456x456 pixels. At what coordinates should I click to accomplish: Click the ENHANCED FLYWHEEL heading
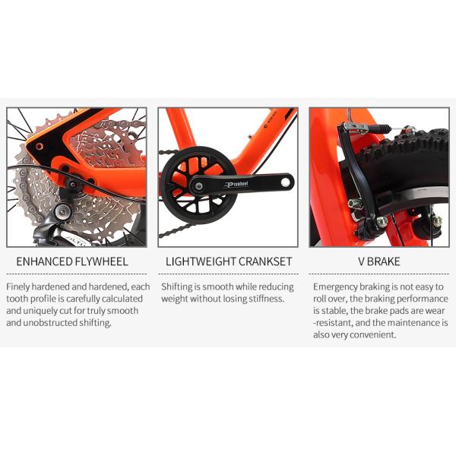coord(72,261)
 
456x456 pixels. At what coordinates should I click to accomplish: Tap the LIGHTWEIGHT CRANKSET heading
coord(229,261)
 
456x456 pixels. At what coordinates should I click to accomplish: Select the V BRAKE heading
coord(379,261)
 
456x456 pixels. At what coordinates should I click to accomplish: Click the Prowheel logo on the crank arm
coord(236,185)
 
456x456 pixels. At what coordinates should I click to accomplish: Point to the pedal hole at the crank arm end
coord(285,182)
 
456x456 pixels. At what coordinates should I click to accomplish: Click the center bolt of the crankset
coord(199,186)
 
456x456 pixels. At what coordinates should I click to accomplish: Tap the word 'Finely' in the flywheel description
coord(18,287)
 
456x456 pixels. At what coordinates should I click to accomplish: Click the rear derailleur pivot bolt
coord(62,211)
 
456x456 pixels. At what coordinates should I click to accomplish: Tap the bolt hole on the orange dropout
coord(40,146)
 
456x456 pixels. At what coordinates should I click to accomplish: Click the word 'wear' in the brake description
coord(435,311)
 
